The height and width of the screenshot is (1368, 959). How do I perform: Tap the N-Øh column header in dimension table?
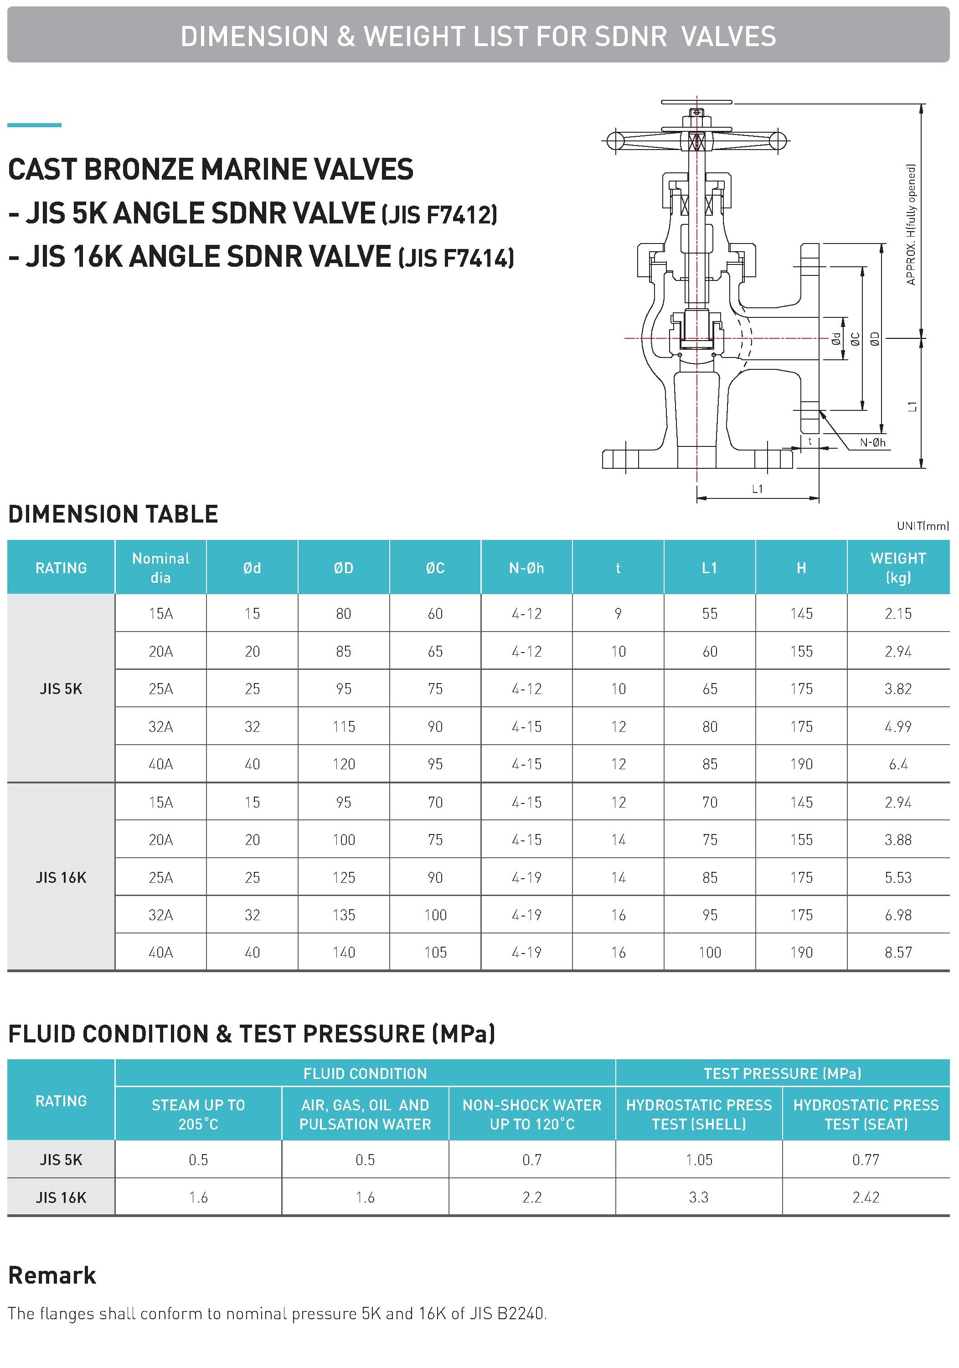[x=526, y=568]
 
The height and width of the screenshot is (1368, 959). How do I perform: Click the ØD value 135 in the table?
[x=344, y=915]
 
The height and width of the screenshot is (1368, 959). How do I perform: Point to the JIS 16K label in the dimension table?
[x=61, y=877]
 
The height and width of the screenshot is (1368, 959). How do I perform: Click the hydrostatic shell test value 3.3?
[x=698, y=1197]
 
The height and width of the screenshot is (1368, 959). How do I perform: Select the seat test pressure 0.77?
[x=866, y=1160]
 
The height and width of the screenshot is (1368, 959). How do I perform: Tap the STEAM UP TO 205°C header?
[x=198, y=1114]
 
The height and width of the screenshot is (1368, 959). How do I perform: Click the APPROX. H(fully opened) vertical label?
[x=910, y=225]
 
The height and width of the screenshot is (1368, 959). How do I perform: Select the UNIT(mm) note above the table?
[x=922, y=525]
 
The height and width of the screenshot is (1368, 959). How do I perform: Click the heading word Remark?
[x=52, y=1275]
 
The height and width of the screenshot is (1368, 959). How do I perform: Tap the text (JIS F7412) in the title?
[x=439, y=215]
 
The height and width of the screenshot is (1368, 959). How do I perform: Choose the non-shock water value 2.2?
[x=531, y=1197]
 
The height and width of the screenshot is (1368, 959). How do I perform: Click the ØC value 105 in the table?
[x=435, y=952]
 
